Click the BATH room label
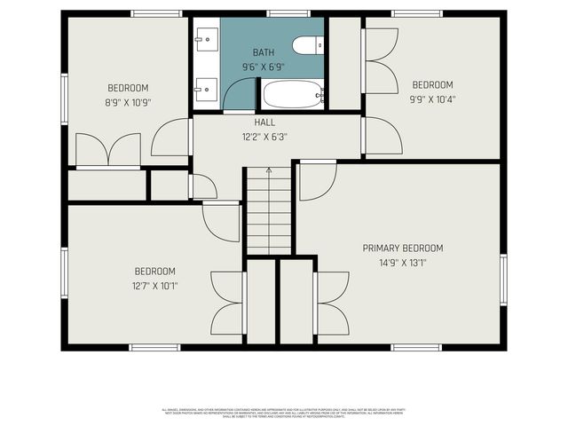tap(264, 53)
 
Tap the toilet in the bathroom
tap(309, 46)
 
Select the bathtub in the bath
tap(292, 94)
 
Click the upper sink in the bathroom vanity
tap(207, 38)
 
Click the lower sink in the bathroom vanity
tap(207, 87)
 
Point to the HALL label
tap(264, 122)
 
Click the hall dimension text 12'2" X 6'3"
tap(264, 138)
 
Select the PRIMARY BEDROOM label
tap(402, 248)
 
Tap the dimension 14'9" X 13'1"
tap(402, 264)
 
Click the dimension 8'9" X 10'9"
tap(128, 102)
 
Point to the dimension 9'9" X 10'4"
tap(432, 99)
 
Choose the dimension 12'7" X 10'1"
tap(154, 286)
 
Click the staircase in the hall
tap(269, 211)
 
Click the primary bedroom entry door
tap(316, 180)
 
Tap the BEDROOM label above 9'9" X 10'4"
tap(432, 85)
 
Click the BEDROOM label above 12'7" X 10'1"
tap(154, 272)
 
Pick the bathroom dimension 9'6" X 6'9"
tap(264, 67)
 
